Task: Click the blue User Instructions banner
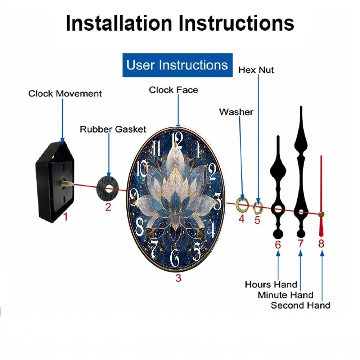177,65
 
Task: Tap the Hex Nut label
256,70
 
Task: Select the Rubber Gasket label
113,129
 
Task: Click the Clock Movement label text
65,94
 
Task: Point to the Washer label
236,112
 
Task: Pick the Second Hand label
301,305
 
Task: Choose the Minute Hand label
285,295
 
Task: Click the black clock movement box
54,182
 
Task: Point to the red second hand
321,196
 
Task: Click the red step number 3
179,278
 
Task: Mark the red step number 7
301,244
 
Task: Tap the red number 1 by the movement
66,216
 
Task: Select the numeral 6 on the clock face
175,258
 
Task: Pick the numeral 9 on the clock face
134,197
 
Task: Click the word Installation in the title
119,23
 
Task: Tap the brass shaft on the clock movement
65,184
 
